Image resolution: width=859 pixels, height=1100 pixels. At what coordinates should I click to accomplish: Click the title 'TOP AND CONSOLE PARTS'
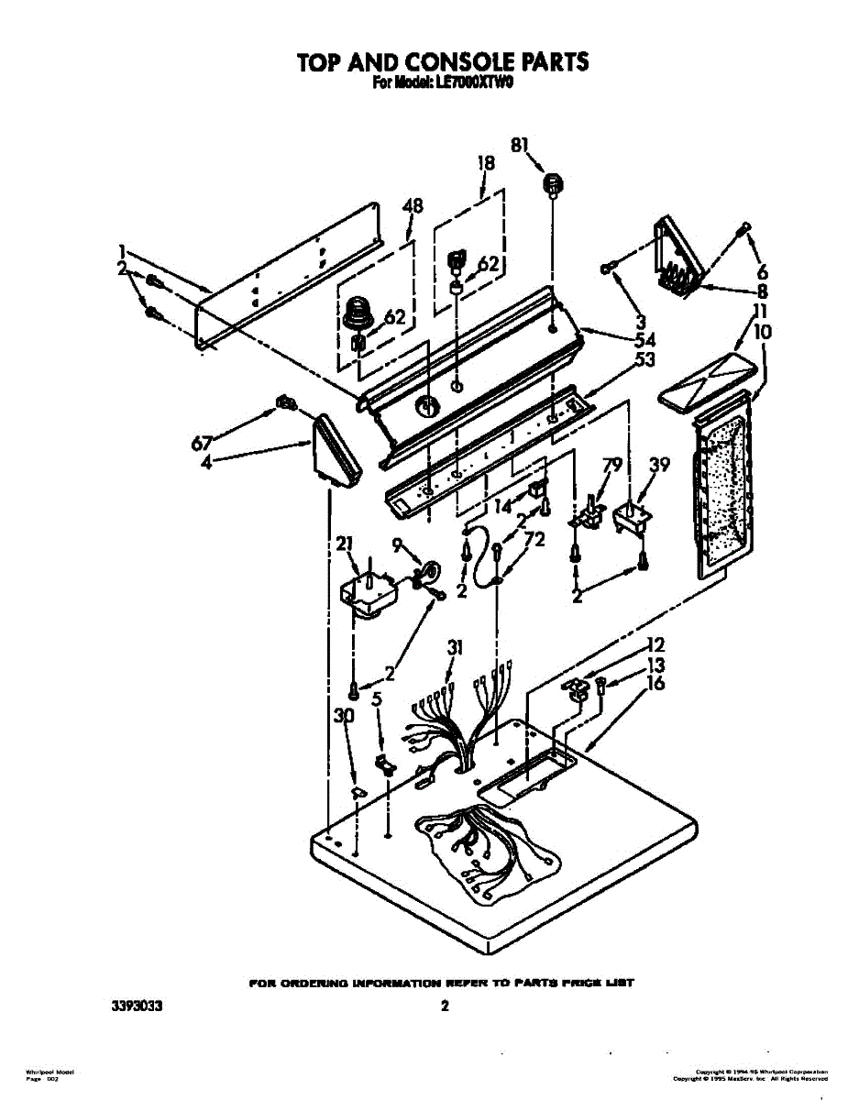click(x=442, y=61)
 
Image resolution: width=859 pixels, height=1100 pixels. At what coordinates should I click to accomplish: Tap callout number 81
click(x=520, y=144)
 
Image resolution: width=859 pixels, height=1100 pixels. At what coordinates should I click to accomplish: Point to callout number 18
click(x=486, y=163)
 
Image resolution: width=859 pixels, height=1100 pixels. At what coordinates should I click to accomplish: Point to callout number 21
click(x=345, y=544)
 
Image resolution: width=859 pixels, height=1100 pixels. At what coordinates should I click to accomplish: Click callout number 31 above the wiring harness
click(x=454, y=648)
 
